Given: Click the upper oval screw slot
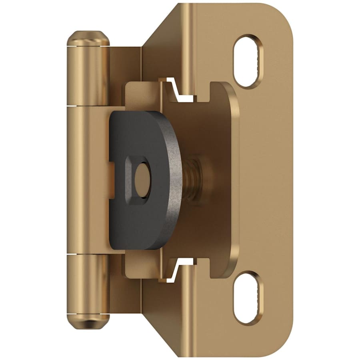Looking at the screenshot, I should [249, 61].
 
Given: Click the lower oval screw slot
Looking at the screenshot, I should [249, 298].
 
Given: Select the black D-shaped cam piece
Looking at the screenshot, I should [132, 208].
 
